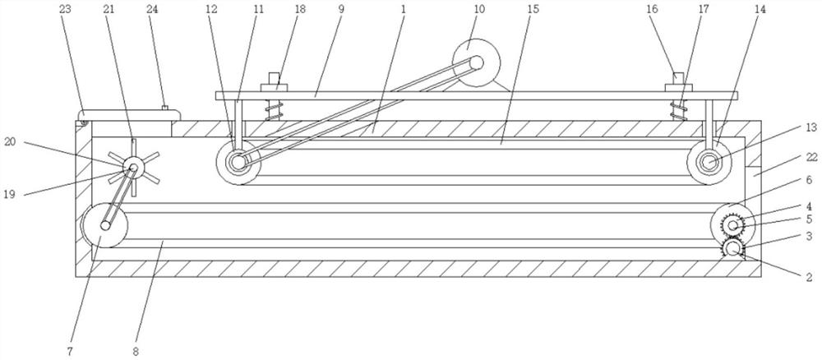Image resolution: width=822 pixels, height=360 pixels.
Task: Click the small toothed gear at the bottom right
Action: [x=731, y=248]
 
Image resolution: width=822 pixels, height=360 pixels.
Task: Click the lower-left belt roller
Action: [x=103, y=224]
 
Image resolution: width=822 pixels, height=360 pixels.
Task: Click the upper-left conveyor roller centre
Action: [x=238, y=162]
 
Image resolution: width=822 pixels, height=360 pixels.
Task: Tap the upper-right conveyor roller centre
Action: [x=707, y=162]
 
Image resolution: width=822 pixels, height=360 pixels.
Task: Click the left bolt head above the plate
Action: [x=275, y=83]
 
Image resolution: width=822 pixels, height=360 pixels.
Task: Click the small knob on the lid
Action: [x=164, y=108]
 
